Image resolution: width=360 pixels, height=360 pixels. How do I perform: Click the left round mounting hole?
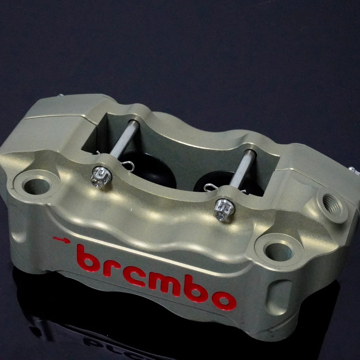point(37,186)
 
